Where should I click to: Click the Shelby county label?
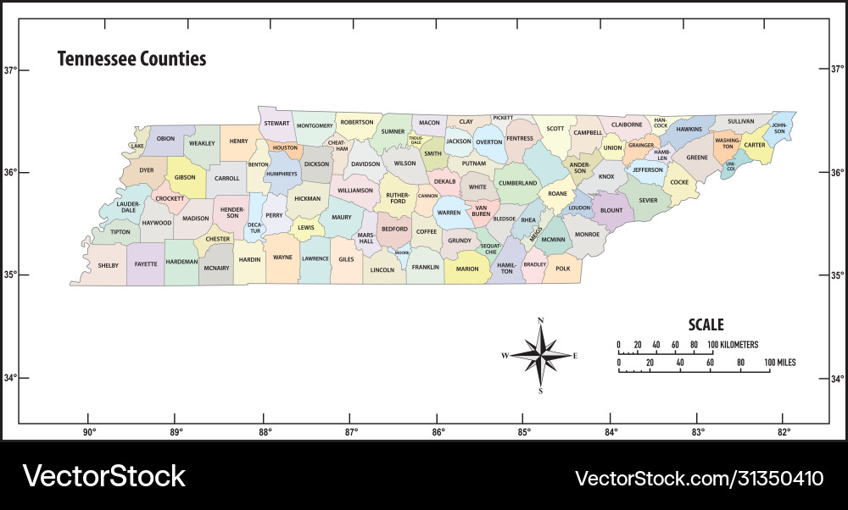point(109,265)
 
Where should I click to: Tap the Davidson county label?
point(365,164)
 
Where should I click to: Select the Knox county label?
point(606,177)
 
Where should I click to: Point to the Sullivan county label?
point(740,121)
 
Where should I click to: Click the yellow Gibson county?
point(185,178)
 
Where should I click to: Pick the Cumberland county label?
point(517,183)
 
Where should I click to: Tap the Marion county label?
point(467,269)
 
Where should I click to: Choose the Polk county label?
point(563,269)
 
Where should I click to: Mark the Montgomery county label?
point(315,126)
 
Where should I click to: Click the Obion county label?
point(166,139)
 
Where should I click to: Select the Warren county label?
point(449,213)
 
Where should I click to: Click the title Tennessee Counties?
point(131,59)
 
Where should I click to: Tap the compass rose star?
point(540,355)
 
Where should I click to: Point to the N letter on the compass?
point(540,321)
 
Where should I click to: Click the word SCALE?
point(706,324)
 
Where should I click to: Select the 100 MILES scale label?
point(779,363)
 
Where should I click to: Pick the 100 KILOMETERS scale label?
point(733,345)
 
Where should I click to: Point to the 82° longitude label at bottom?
point(784,433)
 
